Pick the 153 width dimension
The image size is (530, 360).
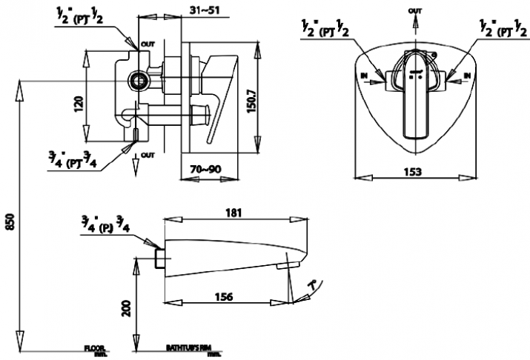pos(414,172)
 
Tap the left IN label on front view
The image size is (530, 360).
pos(364,76)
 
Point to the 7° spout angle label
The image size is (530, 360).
pos(316,283)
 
